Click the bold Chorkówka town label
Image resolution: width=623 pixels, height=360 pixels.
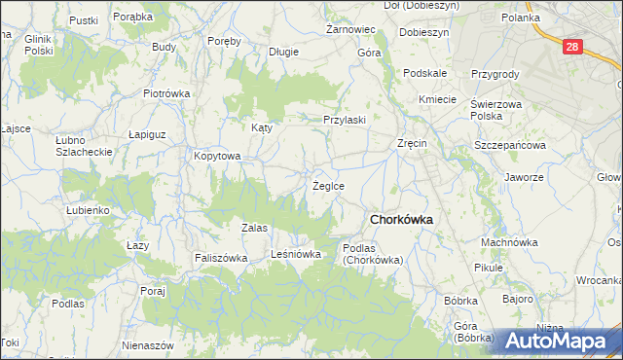click(401, 219)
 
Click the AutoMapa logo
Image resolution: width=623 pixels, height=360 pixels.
click(561, 341)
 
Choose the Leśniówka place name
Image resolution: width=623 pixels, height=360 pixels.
click(296, 254)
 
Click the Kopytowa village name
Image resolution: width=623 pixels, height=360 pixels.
click(216, 155)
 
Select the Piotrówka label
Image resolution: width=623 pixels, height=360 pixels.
click(165, 93)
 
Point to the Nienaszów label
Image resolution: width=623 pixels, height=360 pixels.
click(148, 345)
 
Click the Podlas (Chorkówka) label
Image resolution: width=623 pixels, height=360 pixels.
click(373, 254)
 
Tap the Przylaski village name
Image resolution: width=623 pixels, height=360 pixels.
click(345, 120)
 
